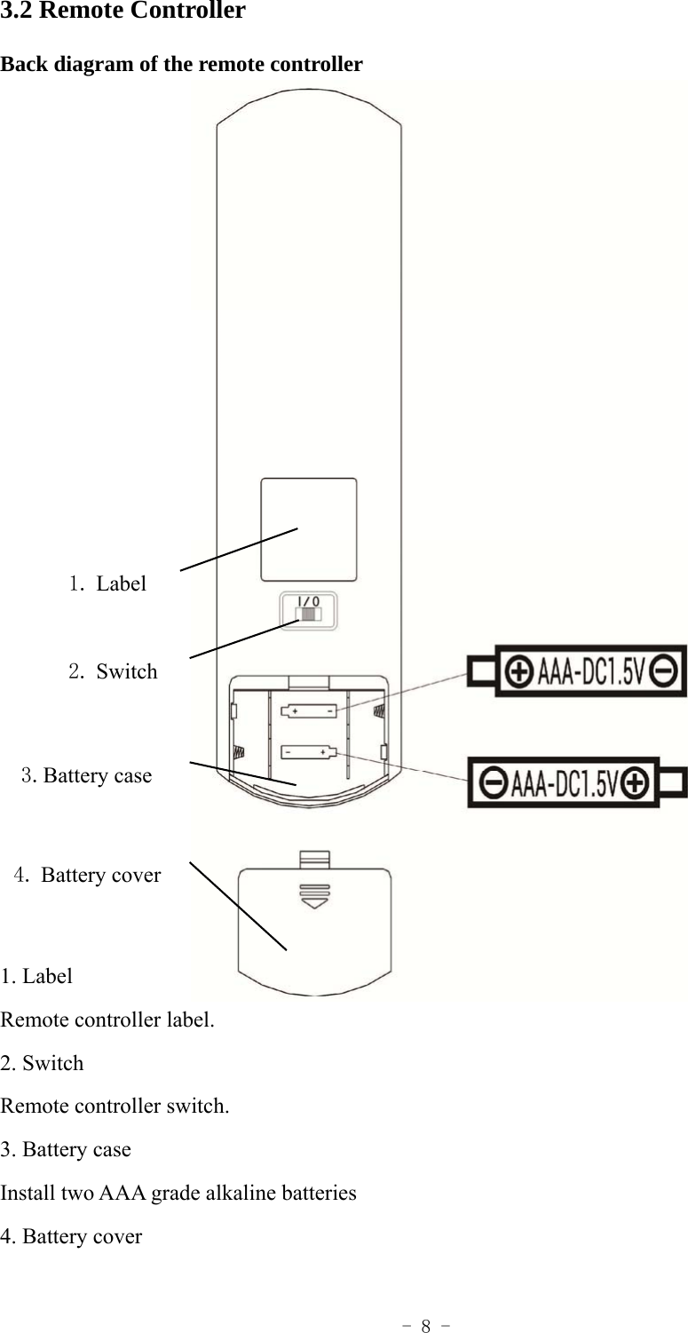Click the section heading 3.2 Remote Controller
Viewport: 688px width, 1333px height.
click(123, 12)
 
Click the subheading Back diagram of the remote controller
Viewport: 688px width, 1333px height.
click(181, 65)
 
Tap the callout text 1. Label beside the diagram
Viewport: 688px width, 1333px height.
click(107, 583)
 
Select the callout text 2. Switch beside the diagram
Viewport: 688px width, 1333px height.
click(113, 671)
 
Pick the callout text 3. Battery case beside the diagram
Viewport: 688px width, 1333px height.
click(87, 775)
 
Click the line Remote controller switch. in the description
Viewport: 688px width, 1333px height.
click(115, 1107)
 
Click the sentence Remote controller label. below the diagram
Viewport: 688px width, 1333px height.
click(107, 1020)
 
